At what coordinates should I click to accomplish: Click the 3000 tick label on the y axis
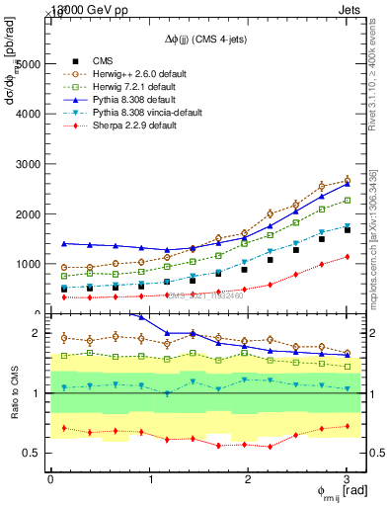[28, 163]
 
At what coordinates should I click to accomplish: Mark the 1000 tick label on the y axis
[28, 264]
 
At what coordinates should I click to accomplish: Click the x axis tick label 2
[249, 479]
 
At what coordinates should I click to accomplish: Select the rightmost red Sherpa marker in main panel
[347, 257]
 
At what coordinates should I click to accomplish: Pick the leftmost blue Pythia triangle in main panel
[65, 243]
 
